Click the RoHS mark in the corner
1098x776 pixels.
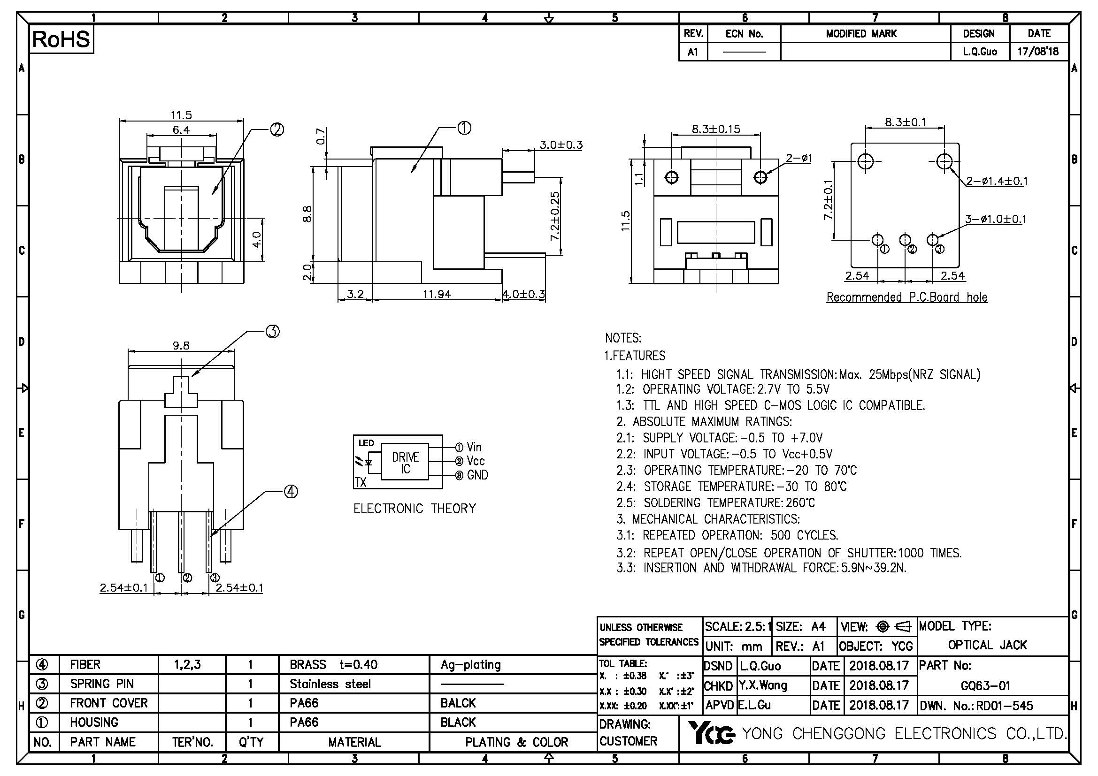coord(61,39)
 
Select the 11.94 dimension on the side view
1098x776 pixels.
coord(437,294)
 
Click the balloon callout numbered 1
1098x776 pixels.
coord(464,128)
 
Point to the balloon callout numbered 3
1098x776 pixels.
coord(272,332)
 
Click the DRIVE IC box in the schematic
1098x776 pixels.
coord(405,463)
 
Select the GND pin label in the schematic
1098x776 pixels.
coord(477,475)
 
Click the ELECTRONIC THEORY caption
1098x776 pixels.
coord(415,509)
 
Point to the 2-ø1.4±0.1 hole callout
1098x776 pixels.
coord(997,181)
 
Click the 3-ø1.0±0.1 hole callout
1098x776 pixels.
coord(996,219)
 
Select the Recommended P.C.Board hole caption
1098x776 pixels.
coord(907,297)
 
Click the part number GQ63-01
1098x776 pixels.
coord(986,686)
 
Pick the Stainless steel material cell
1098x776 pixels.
coord(330,684)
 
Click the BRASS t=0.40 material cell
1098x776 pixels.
coord(333,665)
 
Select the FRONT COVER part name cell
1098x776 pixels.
coord(108,703)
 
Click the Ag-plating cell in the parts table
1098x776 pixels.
coord(470,665)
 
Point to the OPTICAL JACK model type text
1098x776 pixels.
coord(987,645)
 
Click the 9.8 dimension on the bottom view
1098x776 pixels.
coord(181,345)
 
